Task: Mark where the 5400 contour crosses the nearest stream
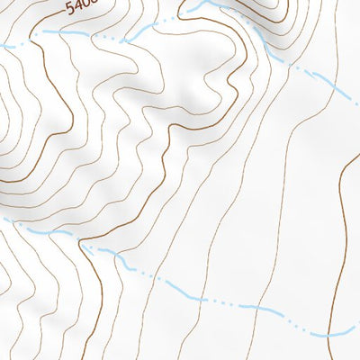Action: (38, 33)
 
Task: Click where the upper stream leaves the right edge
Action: (358, 102)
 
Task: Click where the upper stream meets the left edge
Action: (2, 45)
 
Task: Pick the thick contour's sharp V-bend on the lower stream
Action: (83, 241)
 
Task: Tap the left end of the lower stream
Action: (2, 219)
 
